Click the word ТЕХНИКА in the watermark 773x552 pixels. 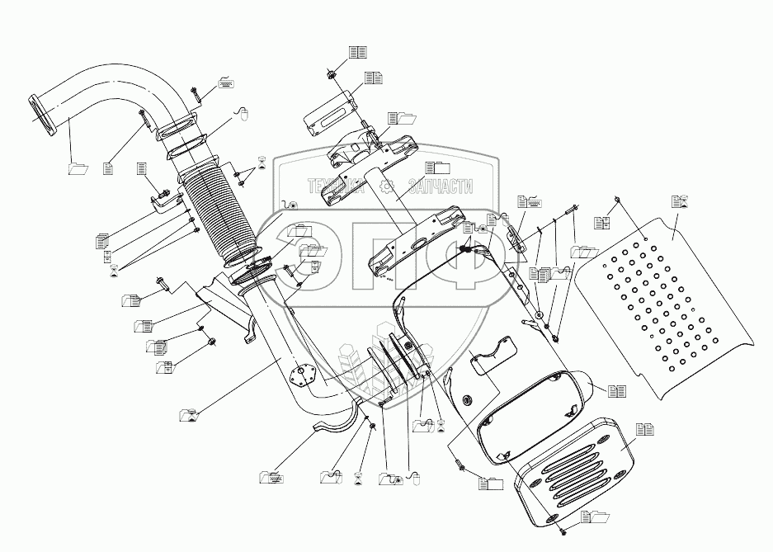(x=337, y=187)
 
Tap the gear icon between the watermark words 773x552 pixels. (x=388, y=187)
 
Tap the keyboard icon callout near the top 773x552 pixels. (x=225, y=83)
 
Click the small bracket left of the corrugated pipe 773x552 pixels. (x=163, y=202)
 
